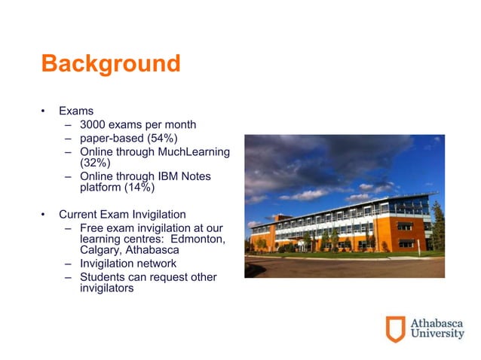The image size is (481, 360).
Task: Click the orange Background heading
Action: pos(111,64)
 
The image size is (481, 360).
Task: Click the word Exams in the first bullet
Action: pos(76,111)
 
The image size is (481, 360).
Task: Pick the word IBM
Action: pos(163,176)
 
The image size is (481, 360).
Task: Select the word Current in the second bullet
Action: pos(78,214)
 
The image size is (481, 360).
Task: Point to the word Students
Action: pos(103,277)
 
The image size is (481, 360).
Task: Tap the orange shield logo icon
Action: pos(395,329)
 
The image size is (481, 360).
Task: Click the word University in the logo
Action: pos(437,334)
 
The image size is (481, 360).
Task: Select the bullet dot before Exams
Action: pos(44,111)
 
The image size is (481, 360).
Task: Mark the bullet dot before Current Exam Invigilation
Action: pos(44,215)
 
